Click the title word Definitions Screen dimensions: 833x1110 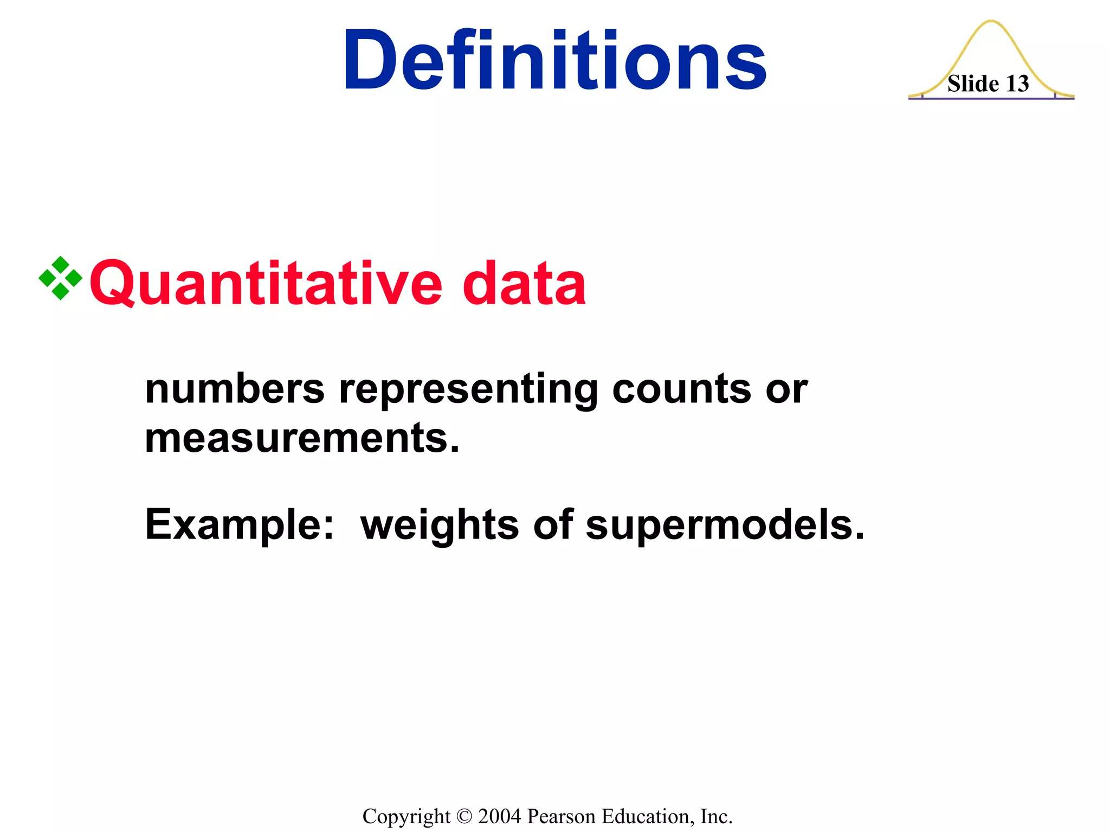pos(554,60)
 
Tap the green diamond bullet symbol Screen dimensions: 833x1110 pos(60,278)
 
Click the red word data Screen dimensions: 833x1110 pos(524,283)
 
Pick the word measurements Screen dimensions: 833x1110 pos(302,438)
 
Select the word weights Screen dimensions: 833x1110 pos(440,525)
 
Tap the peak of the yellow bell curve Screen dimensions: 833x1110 pos(991,22)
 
